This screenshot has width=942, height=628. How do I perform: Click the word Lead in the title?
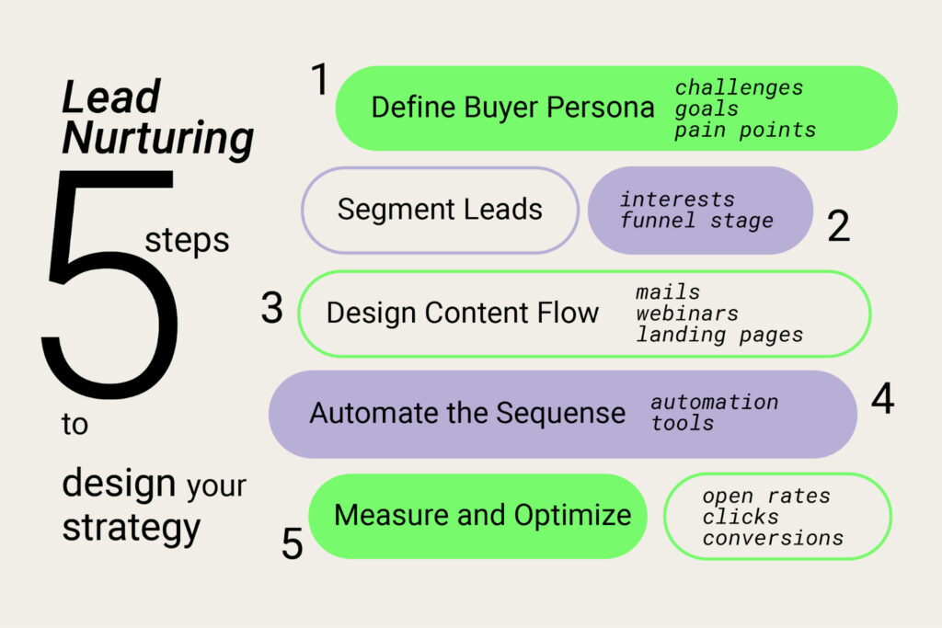111,97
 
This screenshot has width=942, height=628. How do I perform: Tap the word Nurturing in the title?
158,139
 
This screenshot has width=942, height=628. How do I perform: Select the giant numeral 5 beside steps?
111,285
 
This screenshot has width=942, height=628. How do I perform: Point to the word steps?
187,241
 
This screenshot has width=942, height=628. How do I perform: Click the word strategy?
132,529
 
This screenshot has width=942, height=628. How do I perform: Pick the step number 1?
320,79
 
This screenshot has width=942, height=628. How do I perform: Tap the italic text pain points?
745,131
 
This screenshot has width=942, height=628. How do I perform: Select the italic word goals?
706,109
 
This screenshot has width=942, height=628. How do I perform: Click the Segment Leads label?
440,210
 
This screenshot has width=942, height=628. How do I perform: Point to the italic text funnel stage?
697,221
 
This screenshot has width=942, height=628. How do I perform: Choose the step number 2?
839,226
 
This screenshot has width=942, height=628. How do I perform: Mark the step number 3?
271,308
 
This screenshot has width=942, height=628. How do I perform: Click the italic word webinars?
687,314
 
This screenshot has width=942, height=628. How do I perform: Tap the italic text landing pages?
719,335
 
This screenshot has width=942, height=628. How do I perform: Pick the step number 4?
882,398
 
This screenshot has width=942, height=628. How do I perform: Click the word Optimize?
572,515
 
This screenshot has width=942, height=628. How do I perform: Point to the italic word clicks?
741,517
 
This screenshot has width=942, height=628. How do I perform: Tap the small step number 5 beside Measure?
292,544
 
